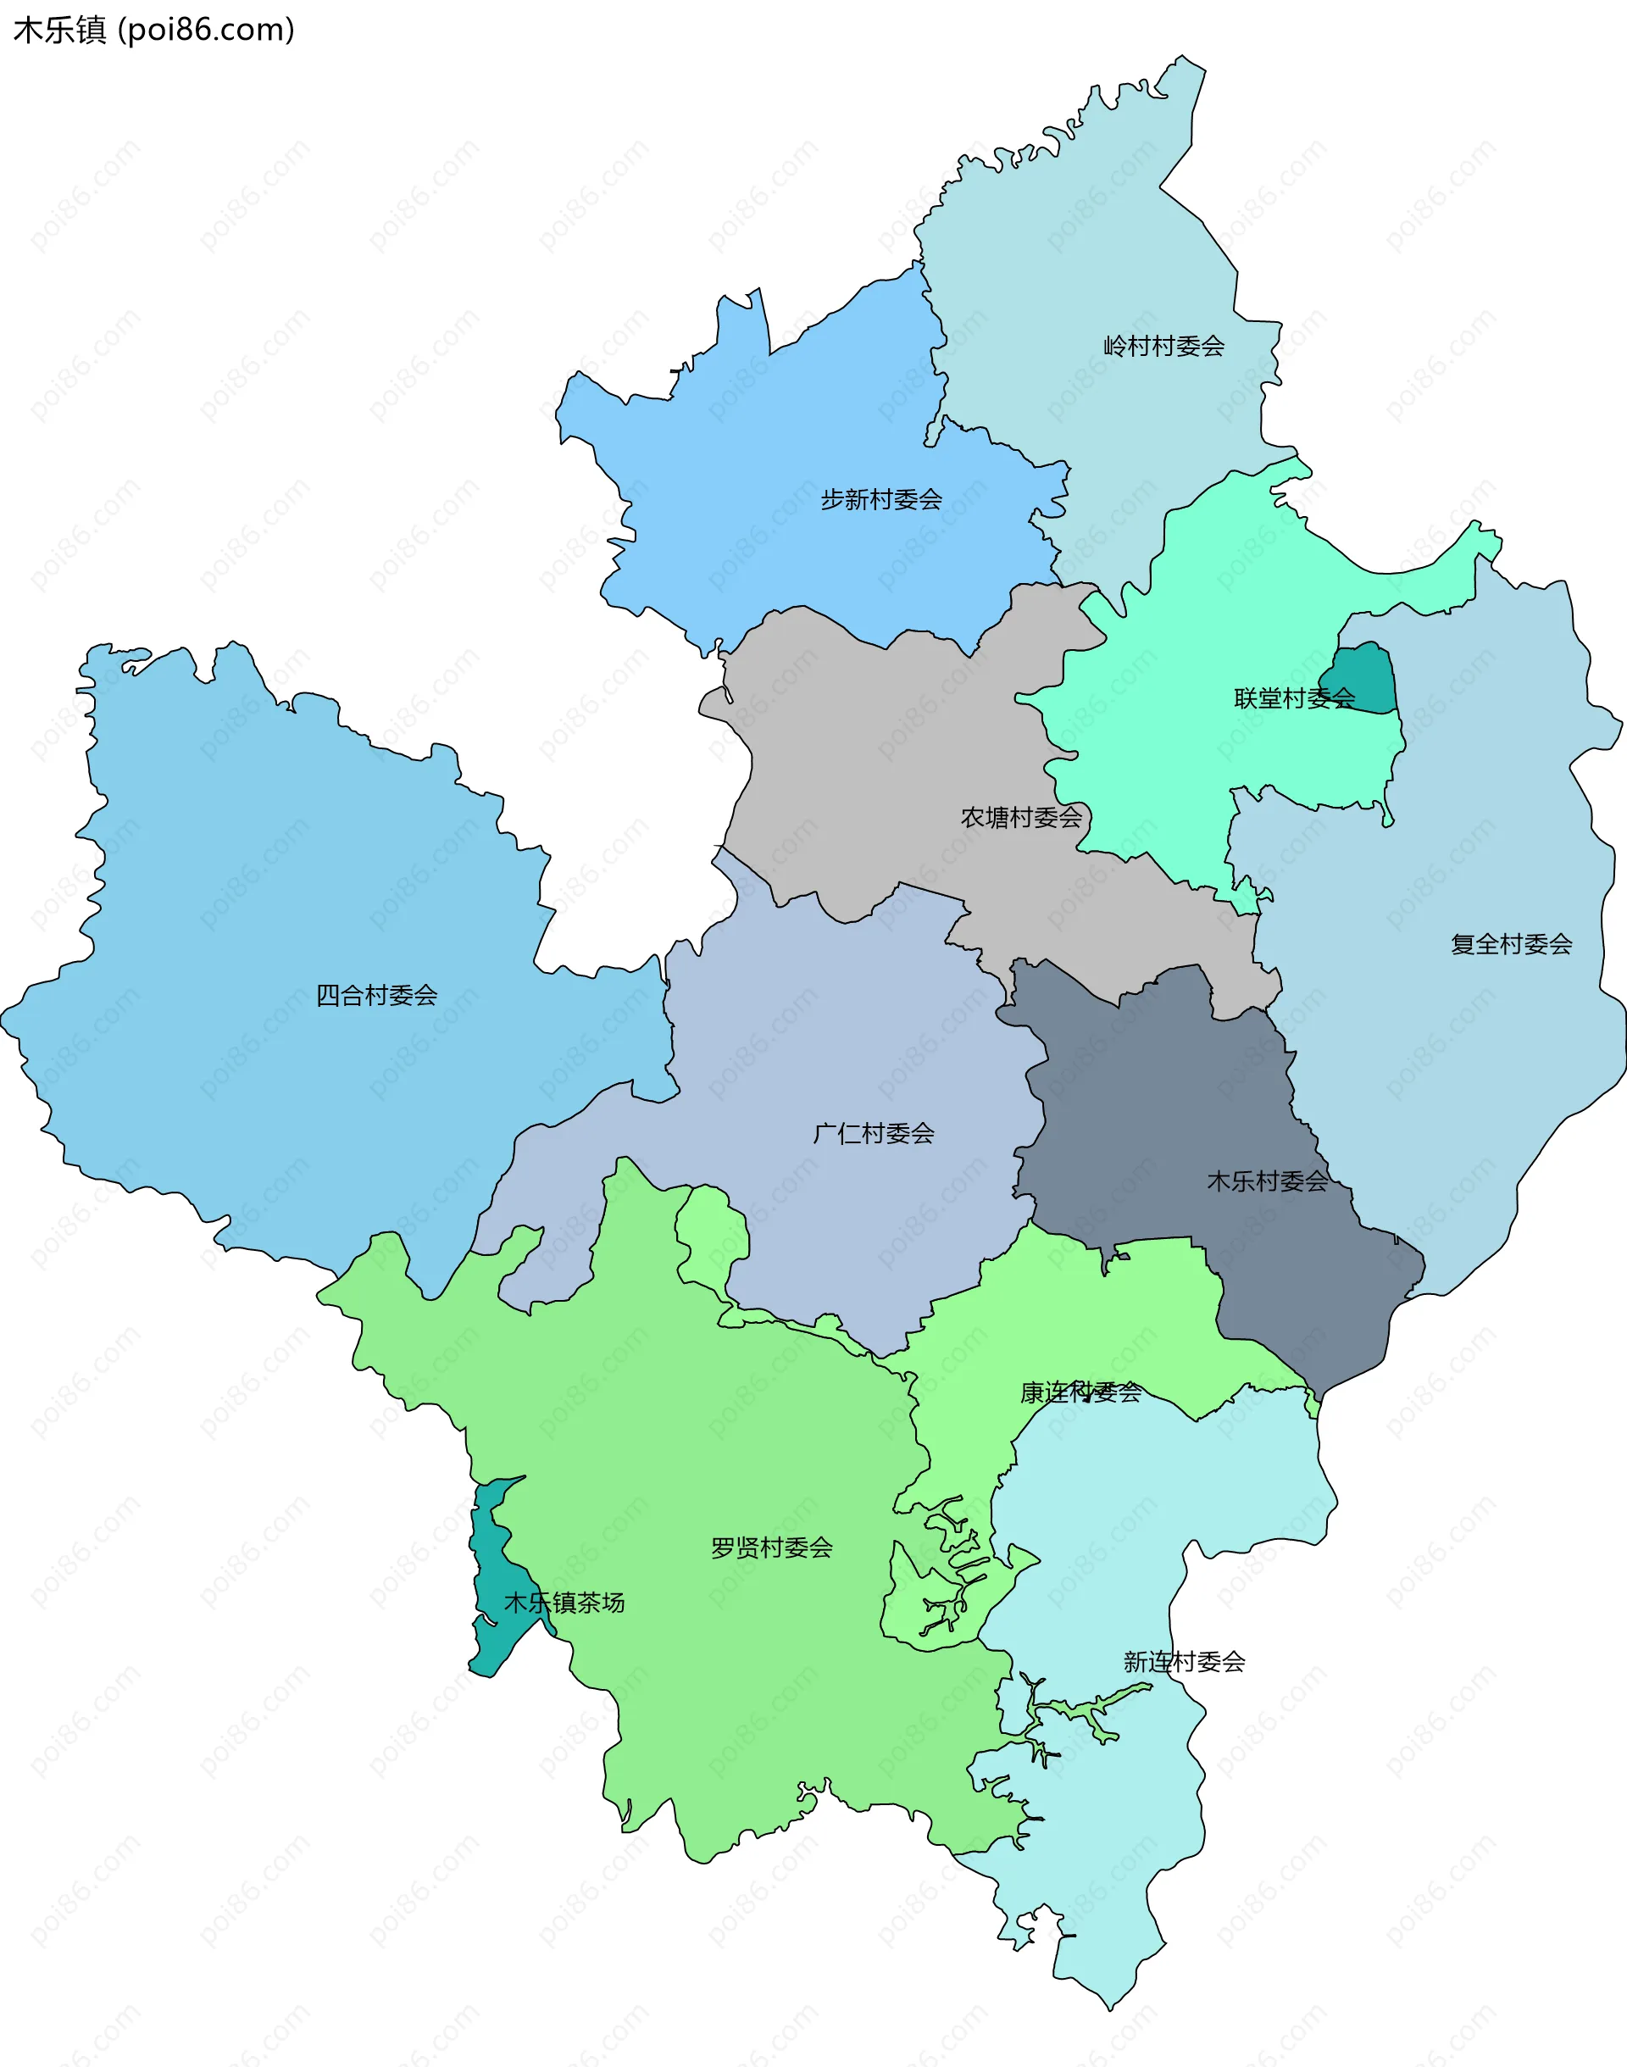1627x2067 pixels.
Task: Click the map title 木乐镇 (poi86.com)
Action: click(x=153, y=30)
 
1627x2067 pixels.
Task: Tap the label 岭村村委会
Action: click(x=1163, y=346)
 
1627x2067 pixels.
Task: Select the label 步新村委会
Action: click(x=881, y=499)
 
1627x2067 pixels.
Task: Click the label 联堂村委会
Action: click(x=1294, y=698)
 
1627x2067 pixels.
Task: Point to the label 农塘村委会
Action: click(x=1021, y=817)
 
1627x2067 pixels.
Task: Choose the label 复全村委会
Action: click(x=1511, y=944)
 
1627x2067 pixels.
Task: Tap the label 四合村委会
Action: click(x=376, y=996)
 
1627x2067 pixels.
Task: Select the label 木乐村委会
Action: click(x=1267, y=1181)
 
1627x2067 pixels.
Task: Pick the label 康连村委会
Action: click(x=1080, y=1392)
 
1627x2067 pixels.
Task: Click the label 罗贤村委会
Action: click(x=772, y=1547)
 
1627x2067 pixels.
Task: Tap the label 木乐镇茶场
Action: click(x=564, y=1603)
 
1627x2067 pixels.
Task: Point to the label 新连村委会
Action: click(x=1184, y=1662)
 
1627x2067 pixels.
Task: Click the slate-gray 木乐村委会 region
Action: click(x=1172, y=1096)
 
